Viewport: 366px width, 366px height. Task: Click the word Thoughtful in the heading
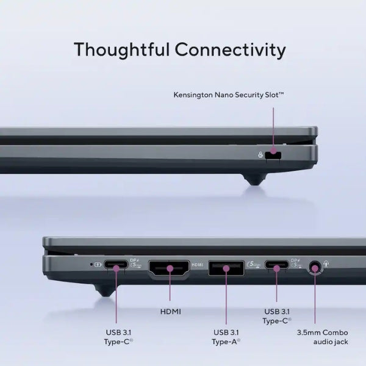click(x=121, y=50)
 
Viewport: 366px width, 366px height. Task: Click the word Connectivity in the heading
click(x=231, y=50)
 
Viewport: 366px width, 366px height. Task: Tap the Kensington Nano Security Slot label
click(x=229, y=95)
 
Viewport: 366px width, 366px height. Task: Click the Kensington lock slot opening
click(x=273, y=156)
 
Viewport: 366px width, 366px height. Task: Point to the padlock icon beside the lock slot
click(x=260, y=155)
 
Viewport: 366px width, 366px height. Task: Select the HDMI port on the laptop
click(x=169, y=268)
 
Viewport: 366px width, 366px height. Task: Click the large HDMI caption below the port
click(x=171, y=312)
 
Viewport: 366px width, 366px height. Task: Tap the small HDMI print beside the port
click(x=197, y=265)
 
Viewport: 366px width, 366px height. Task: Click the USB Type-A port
click(x=226, y=268)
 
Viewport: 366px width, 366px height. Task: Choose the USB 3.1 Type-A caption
click(x=226, y=337)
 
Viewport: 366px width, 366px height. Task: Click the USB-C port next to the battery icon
click(x=116, y=265)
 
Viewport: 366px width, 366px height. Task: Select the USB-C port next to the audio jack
click(x=276, y=265)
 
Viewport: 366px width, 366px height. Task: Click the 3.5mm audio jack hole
click(x=315, y=268)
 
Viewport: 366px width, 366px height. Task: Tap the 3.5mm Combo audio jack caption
click(x=323, y=337)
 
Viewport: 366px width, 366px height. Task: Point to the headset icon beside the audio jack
click(x=326, y=264)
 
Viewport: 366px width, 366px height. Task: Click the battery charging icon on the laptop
click(x=98, y=265)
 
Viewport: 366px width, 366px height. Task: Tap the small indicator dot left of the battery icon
click(x=91, y=265)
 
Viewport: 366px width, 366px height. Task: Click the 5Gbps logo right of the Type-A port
click(x=253, y=265)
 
